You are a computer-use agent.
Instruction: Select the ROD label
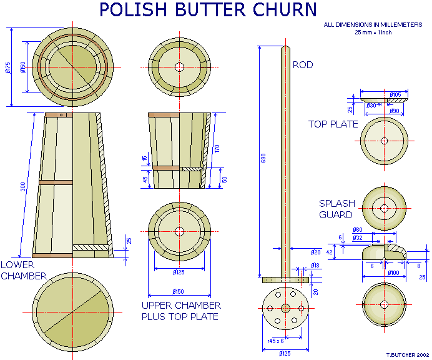coord(303,65)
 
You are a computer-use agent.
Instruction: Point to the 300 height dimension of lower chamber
coord(22,186)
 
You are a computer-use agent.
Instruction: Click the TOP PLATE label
coord(333,124)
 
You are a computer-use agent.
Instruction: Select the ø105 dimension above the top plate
coord(395,95)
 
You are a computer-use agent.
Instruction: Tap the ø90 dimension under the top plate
coord(395,111)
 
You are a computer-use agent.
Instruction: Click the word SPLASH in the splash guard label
coord(337,204)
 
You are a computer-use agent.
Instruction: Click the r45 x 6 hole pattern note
coord(276,341)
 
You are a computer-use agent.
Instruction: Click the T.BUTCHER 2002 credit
coord(407,354)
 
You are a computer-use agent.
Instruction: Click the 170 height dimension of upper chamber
coord(217,148)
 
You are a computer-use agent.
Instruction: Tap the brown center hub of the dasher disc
coord(285,308)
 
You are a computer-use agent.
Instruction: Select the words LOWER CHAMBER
coord(23,270)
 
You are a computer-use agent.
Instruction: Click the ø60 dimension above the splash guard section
coord(375,230)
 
